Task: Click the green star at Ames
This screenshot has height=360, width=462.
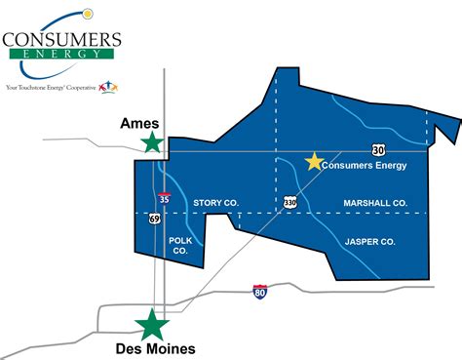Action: (x=153, y=142)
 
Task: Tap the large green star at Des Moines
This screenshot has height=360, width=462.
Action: (x=153, y=324)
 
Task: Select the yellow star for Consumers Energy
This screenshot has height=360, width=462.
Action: (x=314, y=162)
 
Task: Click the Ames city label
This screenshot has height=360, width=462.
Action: (x=139, y=125)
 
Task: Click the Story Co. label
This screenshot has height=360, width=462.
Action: (x=215, y=203)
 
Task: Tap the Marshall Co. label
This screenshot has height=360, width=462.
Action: (x=375, y=203)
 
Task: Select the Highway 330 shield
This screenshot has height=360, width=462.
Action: (x=290, y=202)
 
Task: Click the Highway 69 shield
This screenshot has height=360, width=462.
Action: (x=155, y=219)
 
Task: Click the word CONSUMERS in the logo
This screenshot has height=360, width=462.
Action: (x=61, y=40)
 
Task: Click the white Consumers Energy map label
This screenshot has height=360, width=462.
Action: (x=366, y=166)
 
